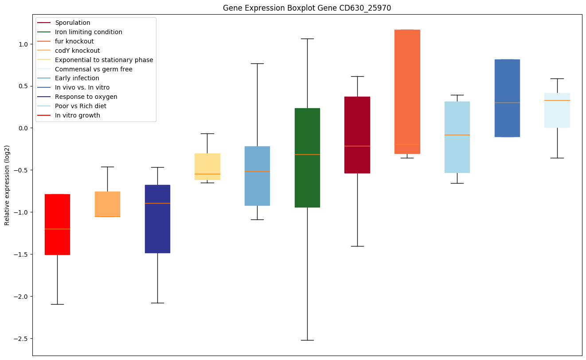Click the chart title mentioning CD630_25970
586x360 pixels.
(x=307, y=8)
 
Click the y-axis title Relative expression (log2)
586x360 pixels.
(x=7, y=185)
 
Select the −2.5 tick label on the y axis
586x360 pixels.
(x=21, y=339)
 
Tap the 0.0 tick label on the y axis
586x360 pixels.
(x=23, y=128)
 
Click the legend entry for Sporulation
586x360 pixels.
(x=72, y=23)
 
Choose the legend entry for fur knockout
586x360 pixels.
(x=74, y=41)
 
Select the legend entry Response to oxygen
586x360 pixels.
(x=86, y=97)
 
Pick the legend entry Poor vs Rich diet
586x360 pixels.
(x=80, y=106)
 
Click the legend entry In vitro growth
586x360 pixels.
(x=77, y=115)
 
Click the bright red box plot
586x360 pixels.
(x=57, y=224)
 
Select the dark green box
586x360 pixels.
(x=307, y=157)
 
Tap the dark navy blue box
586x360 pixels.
(x=158, y=219)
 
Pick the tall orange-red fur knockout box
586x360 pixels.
(x=407, y=92)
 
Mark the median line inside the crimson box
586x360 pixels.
(x=357, y=146)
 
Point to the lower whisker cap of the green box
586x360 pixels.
(x=307, y=340)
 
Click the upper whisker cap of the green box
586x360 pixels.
(x=307, y=39)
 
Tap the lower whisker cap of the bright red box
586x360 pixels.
(x=57, y=304)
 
